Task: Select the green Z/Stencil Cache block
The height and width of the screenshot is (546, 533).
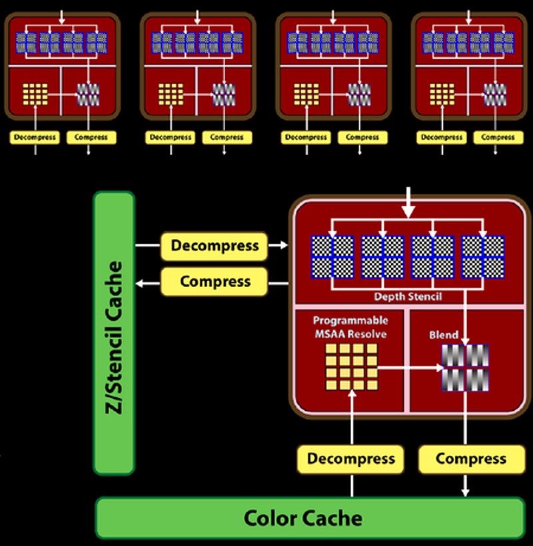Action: (x=114, y=333)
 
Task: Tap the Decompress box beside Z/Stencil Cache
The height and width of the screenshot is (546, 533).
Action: (x=215, y=246)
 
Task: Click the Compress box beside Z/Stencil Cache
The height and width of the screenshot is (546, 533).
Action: (x=215, y=281)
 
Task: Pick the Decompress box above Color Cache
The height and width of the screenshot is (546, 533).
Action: (x=350, y=459)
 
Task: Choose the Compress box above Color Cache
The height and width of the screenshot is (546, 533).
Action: (x=471, y=459)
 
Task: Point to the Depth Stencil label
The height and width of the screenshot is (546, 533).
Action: (x=408, y=296)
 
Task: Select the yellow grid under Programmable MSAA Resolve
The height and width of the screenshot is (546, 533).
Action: (x=351, y=366)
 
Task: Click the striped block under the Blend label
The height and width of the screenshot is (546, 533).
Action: (x=465, y=368)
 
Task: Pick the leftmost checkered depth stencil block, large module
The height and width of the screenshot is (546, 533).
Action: (x=332, y=257)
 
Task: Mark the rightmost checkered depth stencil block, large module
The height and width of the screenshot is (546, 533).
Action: (x=483, y=257)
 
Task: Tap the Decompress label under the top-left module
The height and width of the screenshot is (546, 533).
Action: (x=35, y=137)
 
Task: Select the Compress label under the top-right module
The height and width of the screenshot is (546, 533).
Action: (x=498, y=137)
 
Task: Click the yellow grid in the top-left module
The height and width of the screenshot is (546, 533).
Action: (x=35, y=95)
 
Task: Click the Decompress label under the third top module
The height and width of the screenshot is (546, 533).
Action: (x=306, y=137)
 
